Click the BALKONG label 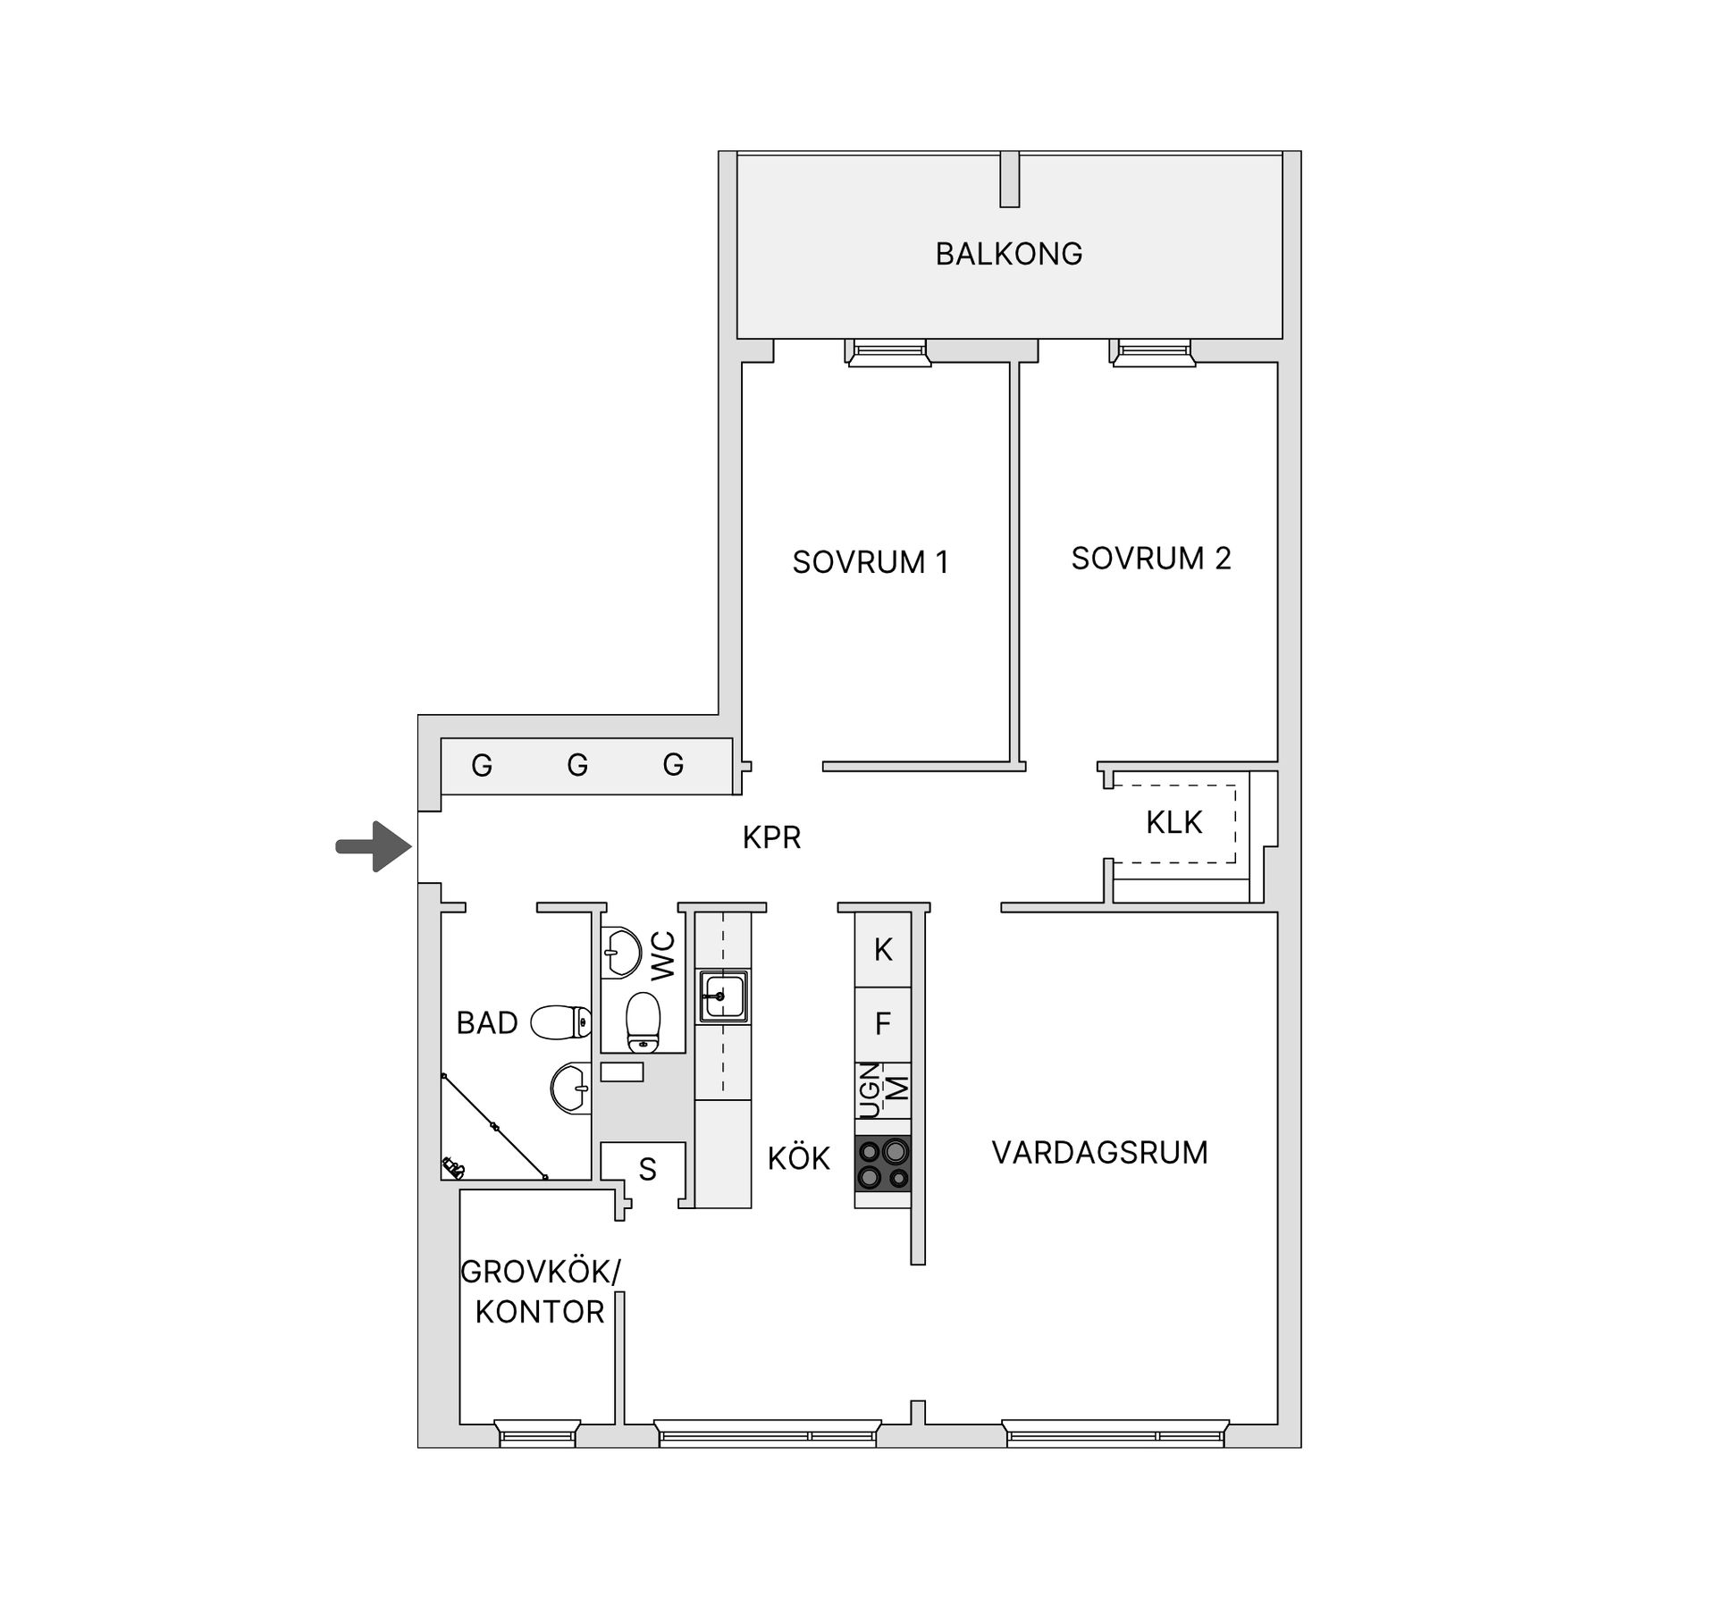click(1009, 254)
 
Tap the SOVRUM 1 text click(870, 562)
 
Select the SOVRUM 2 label click(1151, 559)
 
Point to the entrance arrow click(374, 845)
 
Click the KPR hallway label click(771, 837)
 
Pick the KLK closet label click(1173, 822)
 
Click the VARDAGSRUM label click(1099, 1153)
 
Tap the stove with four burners click(883, 1164)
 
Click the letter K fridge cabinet click(883, 949)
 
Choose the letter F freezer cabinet click(883, 1023)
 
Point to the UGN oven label click(870, 1090)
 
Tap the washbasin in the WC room click(620, 953)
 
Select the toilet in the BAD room click(561, 1022)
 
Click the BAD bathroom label click(487, 1023)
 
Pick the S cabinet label click(648, 1170)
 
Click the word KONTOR click(540, 1312)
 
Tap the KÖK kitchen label click(799, 1159)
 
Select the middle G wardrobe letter click(577, 765)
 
